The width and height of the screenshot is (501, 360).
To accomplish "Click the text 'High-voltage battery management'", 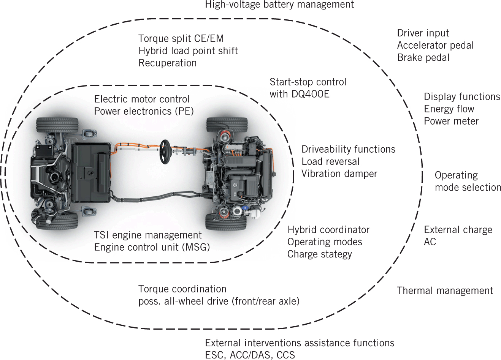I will click(279, 5).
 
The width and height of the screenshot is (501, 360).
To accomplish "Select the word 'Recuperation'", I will click(167, 63).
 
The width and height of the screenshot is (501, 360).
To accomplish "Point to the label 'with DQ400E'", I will click(299, 94).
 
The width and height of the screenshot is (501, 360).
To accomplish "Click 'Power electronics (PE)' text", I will click(144, 111).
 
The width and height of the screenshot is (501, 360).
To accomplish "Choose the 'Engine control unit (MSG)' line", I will click(152, 247).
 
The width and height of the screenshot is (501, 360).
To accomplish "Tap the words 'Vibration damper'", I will click(339, 174).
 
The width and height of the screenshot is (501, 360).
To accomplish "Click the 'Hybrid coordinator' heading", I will click(328, 230).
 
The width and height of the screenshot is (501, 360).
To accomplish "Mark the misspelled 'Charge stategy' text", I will click(319, 254).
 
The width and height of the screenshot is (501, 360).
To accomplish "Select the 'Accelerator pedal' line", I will click(435, 46).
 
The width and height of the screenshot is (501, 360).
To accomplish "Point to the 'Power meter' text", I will click(451, 121).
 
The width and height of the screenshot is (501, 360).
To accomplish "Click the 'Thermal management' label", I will click(445, 291).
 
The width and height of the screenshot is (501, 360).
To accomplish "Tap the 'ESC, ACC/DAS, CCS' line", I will click(250, 355).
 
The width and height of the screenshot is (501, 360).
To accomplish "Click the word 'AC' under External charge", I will click(430, 242).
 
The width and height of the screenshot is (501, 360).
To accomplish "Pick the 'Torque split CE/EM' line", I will click(181, 39).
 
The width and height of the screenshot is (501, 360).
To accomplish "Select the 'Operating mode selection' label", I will click(468, 181).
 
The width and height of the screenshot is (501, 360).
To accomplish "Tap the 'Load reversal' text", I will click(330, 162).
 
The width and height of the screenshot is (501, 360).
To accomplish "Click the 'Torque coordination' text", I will click(182, 289).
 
